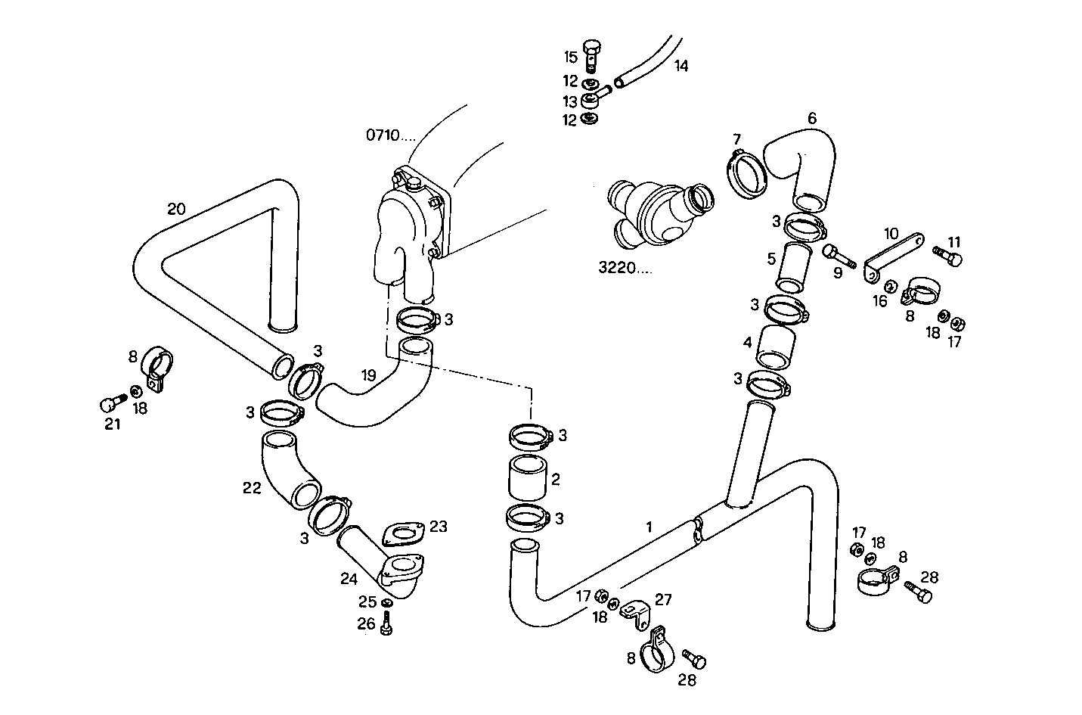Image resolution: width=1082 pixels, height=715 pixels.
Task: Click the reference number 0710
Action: click(x=383, y=135)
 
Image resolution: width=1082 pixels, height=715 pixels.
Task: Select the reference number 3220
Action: click(x=617, y=267)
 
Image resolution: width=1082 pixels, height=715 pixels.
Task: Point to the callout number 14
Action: click(x=681, y=66)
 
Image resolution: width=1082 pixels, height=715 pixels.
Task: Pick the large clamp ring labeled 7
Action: click(x=746, y=175)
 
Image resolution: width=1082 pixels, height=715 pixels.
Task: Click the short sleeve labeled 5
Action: click(x=795, y=268)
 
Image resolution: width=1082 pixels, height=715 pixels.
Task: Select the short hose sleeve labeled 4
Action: click(x=775, y=347)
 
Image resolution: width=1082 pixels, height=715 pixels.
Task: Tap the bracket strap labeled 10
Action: click(x=894, y=257)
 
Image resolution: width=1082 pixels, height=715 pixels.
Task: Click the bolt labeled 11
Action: click(x=947, y=256)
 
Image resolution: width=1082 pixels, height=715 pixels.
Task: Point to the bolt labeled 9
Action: click(x=839, y=256)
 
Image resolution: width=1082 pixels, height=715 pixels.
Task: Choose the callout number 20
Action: click(x=176, y=210)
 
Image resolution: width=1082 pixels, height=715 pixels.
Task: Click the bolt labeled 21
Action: click(x=113, y=402)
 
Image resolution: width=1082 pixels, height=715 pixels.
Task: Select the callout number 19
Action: click(x=368, y=375)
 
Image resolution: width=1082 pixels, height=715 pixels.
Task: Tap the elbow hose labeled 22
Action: click(x=290, y=469)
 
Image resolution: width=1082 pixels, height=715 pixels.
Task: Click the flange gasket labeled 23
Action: click(x=403, y=534)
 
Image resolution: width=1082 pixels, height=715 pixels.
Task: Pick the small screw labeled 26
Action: click(x=386, y=623)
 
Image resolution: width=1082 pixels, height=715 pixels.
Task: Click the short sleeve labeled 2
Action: click(x=528, y=477)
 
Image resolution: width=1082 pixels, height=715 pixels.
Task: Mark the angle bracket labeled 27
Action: click(x=636, y=614)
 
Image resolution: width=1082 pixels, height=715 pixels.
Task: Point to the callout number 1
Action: click(x=650, y=527)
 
